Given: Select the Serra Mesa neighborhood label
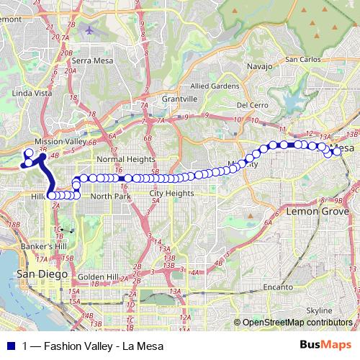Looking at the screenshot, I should click(x=90, y=61).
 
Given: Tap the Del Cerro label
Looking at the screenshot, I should click(x=252, y=104).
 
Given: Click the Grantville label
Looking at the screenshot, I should click(x=179, y=98).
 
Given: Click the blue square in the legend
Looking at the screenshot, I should click(x=12, y=346).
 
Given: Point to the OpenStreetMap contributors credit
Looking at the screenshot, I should click(x=297, y=323).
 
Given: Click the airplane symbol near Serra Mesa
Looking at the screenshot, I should click(x=89, y=31).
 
